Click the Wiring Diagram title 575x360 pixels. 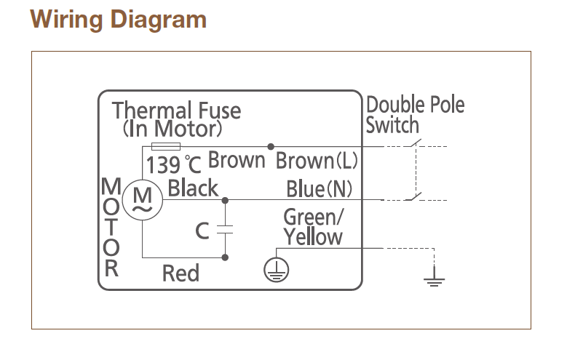click(x=119, y=19)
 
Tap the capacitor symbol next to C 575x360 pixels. click(x=225, y=229)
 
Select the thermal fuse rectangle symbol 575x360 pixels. click(x=159, y=146)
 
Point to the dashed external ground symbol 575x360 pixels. click(x=435, y=279)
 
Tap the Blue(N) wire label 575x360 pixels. click(x=319, y=189)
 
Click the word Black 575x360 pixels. click(x=193, y=189)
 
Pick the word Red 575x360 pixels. click(x=181, y=273)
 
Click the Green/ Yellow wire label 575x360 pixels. click(x=313, y=227)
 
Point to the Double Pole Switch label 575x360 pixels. click(x=414, y=114)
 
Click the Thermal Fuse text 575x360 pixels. click(x=176, y=111)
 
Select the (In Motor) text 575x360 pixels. click(x=172, y=129)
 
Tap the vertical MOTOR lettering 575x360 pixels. click(x=111, y=226)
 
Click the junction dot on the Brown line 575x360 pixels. click(x=271, y=146)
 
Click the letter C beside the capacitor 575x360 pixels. click(x=203, y=231)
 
